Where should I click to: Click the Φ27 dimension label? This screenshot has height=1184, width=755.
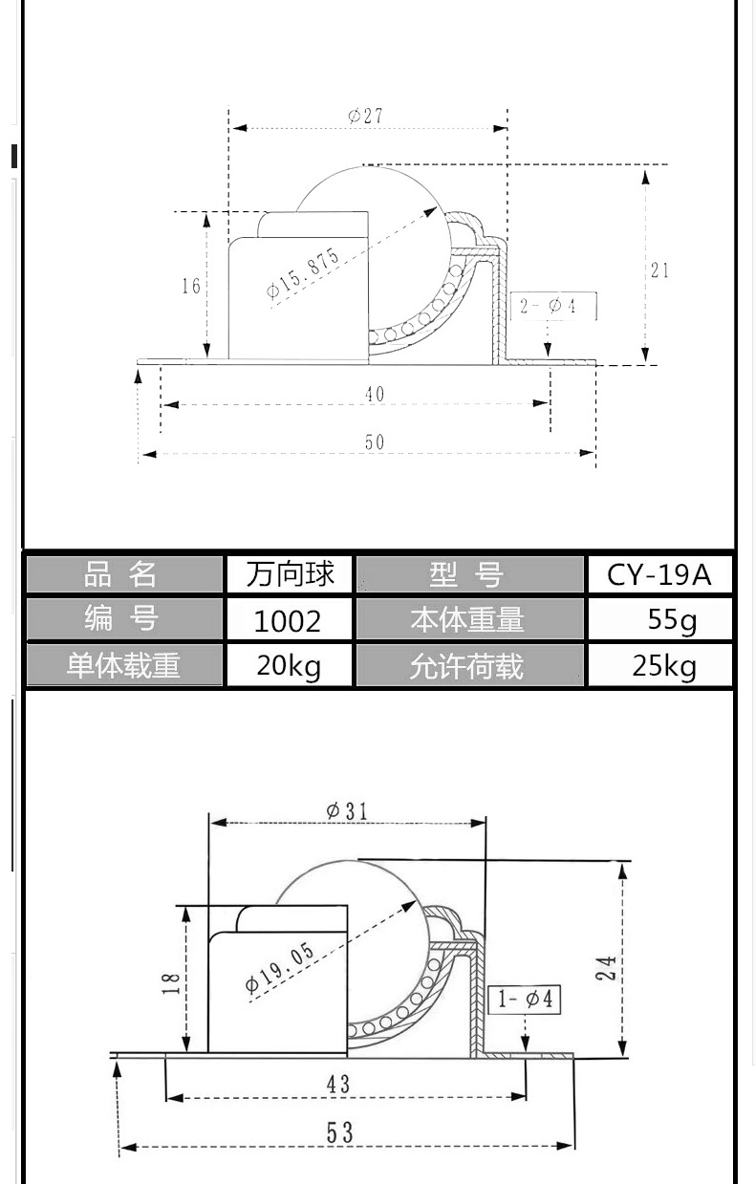[365, 116]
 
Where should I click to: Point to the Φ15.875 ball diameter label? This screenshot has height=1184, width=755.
[303, 273]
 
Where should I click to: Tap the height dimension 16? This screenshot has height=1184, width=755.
[191, 286]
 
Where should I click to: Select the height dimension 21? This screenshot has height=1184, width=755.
[659, 270]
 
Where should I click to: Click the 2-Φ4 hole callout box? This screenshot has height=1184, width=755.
[553, 306]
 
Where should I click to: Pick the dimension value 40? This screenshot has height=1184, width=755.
[375, 394]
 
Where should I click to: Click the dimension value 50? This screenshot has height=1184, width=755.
[375, 441]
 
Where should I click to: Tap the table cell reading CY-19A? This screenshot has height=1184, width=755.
[659, 574]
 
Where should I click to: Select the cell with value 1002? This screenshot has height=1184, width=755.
[290, 619]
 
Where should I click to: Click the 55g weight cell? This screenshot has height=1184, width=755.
[659, 619]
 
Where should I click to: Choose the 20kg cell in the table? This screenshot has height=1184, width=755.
[290, 665]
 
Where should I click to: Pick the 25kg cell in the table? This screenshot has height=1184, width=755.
[659, 665]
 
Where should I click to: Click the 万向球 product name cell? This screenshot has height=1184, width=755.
[290, 574]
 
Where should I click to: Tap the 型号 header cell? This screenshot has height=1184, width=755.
[469, 574]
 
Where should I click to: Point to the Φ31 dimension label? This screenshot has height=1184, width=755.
[347, 810]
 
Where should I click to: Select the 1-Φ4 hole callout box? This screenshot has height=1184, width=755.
[524, 999]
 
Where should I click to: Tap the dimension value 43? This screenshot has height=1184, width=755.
[338, 1085]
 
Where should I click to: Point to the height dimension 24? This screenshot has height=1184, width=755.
[607, 968]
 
